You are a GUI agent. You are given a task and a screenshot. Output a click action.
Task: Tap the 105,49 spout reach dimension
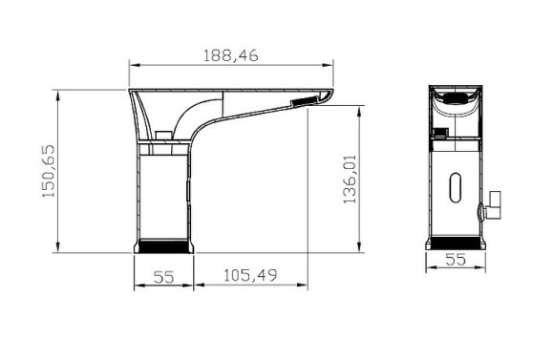pyautogui.click(x=250, y=277)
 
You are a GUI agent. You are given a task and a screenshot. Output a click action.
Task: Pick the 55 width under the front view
pyautogui.click(x=456, y=258)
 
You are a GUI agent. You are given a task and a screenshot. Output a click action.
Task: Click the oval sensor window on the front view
pyautogui.click(x=456, y=185)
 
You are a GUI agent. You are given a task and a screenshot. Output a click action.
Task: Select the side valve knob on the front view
pyautogui.click(x=495, y=202)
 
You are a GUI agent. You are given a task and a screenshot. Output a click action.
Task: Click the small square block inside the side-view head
pyautogui.click(x=163, y=134)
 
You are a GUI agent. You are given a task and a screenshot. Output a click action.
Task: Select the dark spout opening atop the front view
pyautogui.click(x=456, y=98)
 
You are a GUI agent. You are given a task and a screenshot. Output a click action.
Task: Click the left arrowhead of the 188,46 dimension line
pyautogui.click(x=133, y=65)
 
